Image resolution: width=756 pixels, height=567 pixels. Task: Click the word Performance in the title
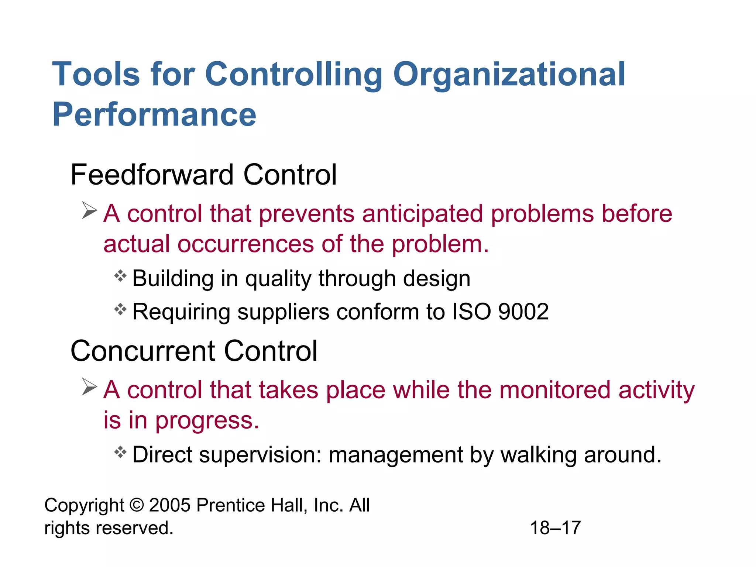[x=154, y=115]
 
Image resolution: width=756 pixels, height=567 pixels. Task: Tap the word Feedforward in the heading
[x=152, y=175]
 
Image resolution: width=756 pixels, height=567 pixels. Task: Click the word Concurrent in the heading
[x=143, y=351]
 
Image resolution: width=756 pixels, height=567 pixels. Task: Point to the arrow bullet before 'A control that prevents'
[x=89, y=211]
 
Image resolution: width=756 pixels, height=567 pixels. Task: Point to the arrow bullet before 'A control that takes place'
[x=89, y=387]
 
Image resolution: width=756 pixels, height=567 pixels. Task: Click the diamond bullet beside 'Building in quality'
[x=120, y=276]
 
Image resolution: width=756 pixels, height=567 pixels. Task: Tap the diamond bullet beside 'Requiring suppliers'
[x=120, y=309]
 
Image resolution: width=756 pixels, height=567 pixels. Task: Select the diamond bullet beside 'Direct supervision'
[x=120, y=452]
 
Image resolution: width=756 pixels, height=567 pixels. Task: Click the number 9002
[x=523, y=312]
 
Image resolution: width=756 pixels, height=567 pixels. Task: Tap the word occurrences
[x=245, y=244]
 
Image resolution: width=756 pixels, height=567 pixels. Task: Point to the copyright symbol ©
[x=137, y=505]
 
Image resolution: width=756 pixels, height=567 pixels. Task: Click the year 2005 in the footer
[x=170, y=505]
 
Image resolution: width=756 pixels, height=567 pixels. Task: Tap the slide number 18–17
[x=555, y=528]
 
